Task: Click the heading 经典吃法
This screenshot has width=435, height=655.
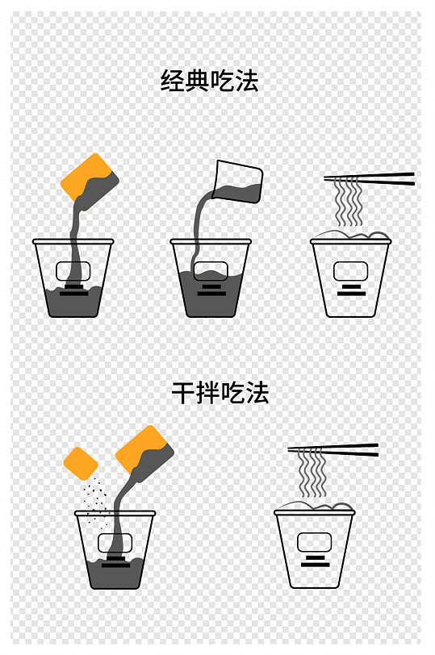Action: tap(210, 81)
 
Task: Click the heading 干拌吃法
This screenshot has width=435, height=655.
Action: tap(220, 393)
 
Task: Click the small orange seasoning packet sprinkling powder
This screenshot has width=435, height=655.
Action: tap(81, 462)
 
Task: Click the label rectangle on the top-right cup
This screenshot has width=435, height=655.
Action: tap(350, 271)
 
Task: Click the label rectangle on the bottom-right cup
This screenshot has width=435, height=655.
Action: tap(314, 542)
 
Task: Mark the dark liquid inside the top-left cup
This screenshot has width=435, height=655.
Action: tap(73, 302)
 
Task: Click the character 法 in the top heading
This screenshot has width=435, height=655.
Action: tap(247, 81)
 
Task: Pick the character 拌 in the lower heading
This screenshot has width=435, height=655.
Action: tap(207, 393)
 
